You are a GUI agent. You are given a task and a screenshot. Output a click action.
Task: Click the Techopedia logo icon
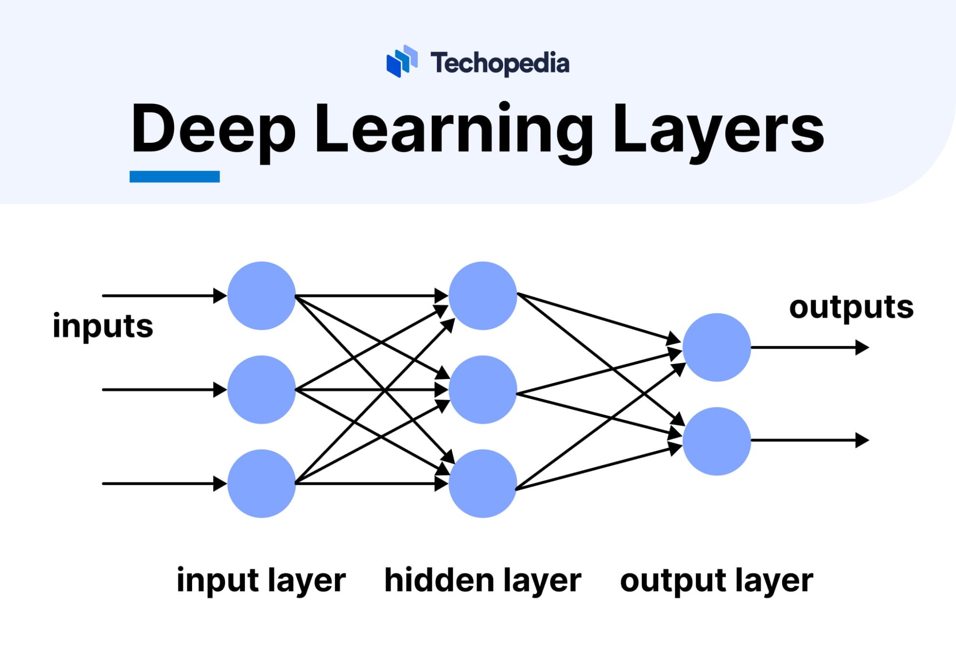tap(402, 61)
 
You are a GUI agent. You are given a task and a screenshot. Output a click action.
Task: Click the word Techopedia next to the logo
tap(500, 63)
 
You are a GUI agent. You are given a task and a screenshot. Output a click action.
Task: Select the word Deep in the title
tap(213, 129)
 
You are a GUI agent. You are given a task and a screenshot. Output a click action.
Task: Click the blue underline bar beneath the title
tap(174, 177)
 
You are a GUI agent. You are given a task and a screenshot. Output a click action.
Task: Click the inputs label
tap(103, 326)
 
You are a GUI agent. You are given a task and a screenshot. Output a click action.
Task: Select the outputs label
tap(851, 307)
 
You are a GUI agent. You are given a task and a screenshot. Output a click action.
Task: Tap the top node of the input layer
tap(261, 296)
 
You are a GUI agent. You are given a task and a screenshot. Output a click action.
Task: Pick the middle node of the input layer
tap(261, 390)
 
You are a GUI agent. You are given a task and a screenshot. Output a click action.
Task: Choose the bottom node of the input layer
tap(261, 483)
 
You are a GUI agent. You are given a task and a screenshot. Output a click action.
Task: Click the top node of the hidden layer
tap(482, 296)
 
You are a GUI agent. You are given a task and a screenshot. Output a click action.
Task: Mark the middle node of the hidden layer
tap(482, 390)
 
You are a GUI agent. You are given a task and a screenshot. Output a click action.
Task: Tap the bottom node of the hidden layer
tap(482, 483)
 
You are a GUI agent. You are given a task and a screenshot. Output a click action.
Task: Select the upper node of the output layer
tap(717, 347)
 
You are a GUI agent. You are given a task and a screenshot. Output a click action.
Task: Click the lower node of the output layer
tap(717, 441)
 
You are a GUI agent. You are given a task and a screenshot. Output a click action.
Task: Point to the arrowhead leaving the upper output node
tap(862, 347)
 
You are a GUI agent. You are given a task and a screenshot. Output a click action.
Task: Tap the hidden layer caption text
tap(482, 581)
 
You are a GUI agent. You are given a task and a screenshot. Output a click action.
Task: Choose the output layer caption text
tap(717, 581)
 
